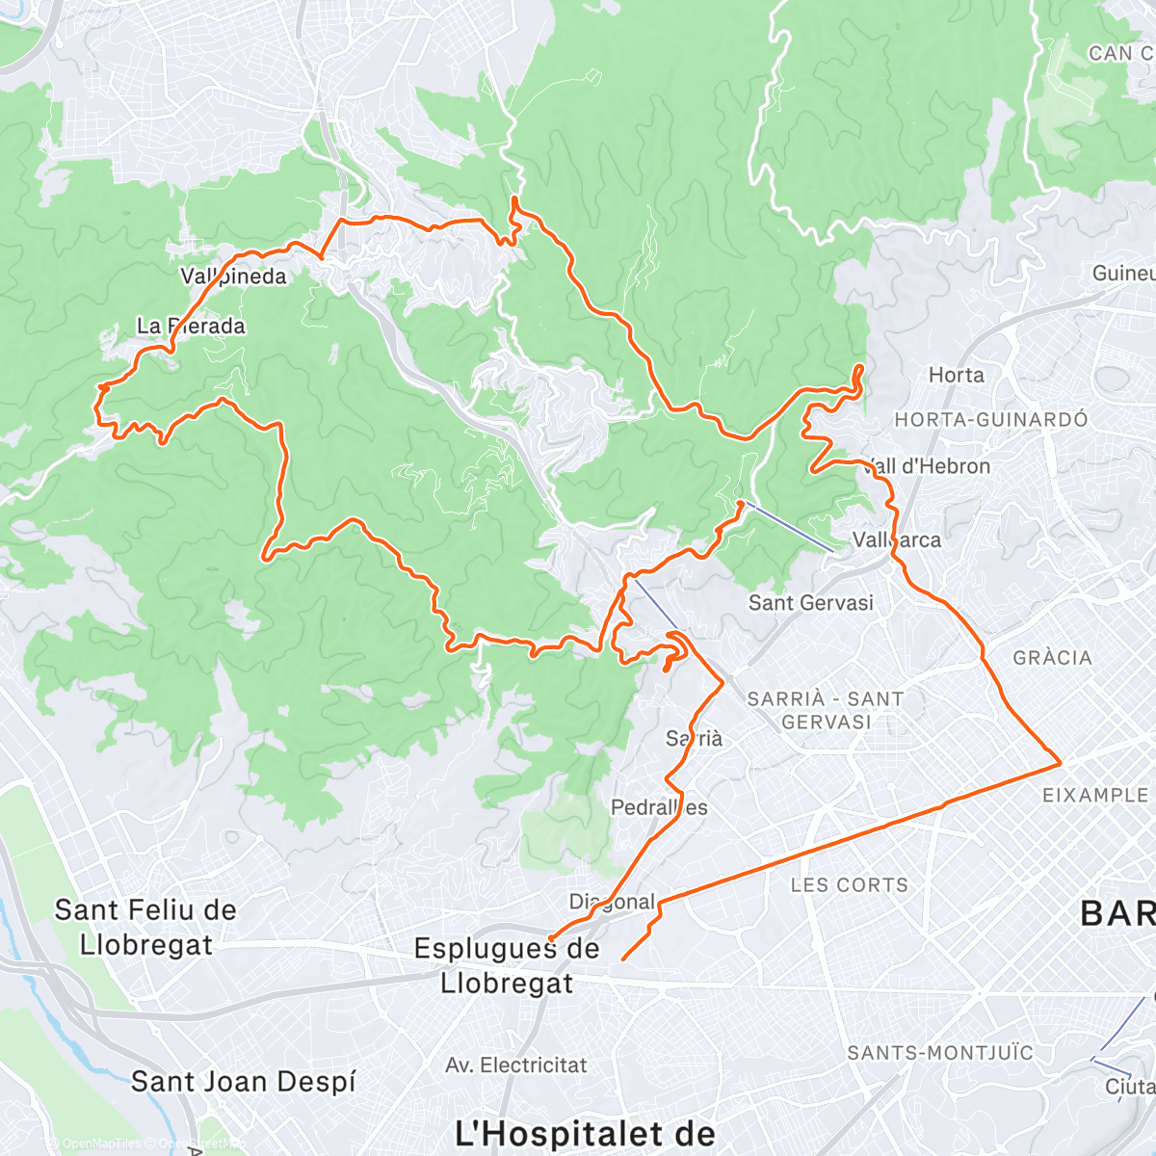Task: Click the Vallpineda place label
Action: pos(233,276)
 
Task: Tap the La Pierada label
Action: pos(191,326)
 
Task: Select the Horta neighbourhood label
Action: pos(956,375)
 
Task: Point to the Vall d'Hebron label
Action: pos(928,466)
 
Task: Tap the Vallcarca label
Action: pos(897,539)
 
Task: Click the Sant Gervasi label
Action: pos(811,603)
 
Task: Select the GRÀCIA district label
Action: pos(1052,658)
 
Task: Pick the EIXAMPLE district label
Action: pos(1096,795)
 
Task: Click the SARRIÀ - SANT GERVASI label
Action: pos(826,710)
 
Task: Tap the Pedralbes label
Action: pos(659,807)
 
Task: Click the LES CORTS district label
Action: pos(849,884)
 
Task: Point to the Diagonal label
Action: pos(612,902)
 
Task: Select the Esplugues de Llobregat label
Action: pos(507,965)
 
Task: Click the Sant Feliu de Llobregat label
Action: pos(145,927)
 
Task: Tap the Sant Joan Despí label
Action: pos(243,1081)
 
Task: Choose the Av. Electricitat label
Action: pos(515,1065)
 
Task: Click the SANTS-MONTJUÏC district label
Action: pos(940,1053)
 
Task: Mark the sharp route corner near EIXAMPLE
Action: pos(1061,762)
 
